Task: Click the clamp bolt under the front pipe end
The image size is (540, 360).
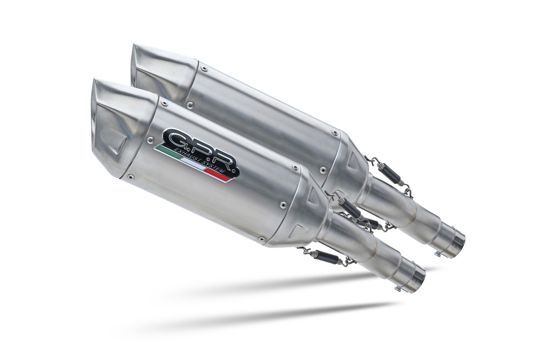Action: tap(397, 289)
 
